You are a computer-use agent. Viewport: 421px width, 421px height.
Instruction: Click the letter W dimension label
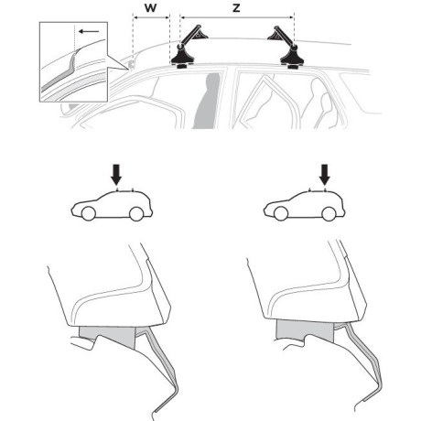[x=150, y=8]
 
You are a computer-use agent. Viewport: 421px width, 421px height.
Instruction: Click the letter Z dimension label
[x=236, y=8]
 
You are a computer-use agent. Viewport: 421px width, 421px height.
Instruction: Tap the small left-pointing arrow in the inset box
[x=89, y=31]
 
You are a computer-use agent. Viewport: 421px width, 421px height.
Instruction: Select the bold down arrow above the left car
[x=116, y=175]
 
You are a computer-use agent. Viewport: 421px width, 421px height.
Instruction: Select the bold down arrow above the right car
[x=325, y=175]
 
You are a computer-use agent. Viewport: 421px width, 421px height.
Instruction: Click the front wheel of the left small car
[x=89, y=213]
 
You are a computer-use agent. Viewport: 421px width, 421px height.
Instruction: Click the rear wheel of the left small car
[x=136, y=213]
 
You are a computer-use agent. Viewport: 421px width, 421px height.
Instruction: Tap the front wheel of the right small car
[x=281, y=213]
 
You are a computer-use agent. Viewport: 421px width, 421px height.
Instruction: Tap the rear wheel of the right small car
[x=329, y=213]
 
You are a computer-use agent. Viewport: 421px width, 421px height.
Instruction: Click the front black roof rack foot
[x=182, y=58]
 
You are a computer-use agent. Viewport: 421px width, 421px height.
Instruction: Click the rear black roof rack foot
[x=292, y=58]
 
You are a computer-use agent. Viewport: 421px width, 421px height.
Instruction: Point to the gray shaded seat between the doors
[x=207, y=101]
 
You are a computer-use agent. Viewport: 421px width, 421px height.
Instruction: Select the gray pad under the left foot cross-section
[x=110, y=336]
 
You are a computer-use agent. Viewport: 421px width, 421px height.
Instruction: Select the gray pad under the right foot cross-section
[x=305, y=330]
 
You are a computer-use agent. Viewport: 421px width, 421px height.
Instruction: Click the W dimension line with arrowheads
[x=151, y=17]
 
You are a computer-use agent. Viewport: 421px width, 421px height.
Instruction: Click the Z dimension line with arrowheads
[x=237, y=17]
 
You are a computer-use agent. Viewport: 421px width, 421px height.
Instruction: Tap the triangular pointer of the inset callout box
[x=118, y=63]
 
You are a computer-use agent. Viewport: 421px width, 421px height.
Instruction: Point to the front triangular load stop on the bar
[x=201, y=35]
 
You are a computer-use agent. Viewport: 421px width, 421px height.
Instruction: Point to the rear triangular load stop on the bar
[x=275, y=36]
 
